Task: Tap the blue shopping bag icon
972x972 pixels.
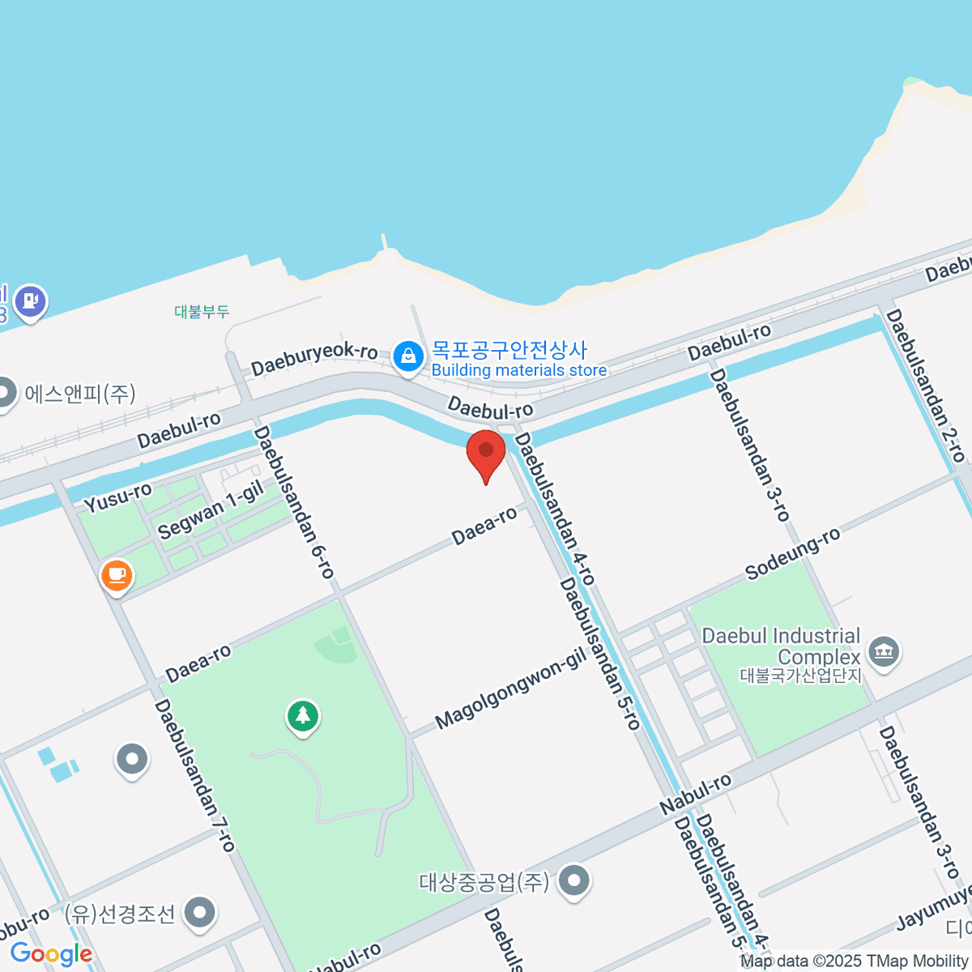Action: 408,356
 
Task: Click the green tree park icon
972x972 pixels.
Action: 303,716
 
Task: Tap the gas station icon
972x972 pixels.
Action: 31,301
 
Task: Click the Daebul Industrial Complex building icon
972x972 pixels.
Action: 883,651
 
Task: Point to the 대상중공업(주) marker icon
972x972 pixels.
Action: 574,880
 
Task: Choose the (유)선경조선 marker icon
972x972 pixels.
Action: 199,913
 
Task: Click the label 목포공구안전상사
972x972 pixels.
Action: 509,350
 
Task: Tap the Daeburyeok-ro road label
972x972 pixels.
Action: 314,359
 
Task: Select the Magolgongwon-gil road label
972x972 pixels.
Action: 510,690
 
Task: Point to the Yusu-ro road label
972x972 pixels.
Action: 118,497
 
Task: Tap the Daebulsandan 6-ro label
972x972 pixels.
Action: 294,502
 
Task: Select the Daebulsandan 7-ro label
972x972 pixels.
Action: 194,775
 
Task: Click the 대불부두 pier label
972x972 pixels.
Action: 202,312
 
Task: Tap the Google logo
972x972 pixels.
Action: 51,954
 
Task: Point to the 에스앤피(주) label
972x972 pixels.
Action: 80,394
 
